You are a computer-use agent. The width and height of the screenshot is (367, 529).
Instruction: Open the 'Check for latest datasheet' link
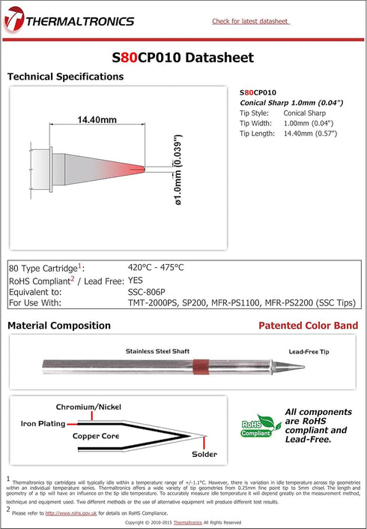[x=250, y=21]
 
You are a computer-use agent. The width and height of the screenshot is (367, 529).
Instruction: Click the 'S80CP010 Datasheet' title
[x=183, y=57]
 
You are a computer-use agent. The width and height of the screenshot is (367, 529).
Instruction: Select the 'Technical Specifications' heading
[x=65, y=77]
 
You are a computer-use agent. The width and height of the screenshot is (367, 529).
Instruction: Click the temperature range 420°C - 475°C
[x=156, y=267]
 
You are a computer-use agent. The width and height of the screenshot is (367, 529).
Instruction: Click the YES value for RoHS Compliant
[x=136, y=279]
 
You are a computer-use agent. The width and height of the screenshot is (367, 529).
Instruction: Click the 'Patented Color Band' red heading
[x=308, y=326]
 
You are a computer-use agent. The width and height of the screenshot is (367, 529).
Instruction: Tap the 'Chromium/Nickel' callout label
[x=88, y=406]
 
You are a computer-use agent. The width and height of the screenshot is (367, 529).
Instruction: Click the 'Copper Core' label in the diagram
[x=96, y=435]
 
